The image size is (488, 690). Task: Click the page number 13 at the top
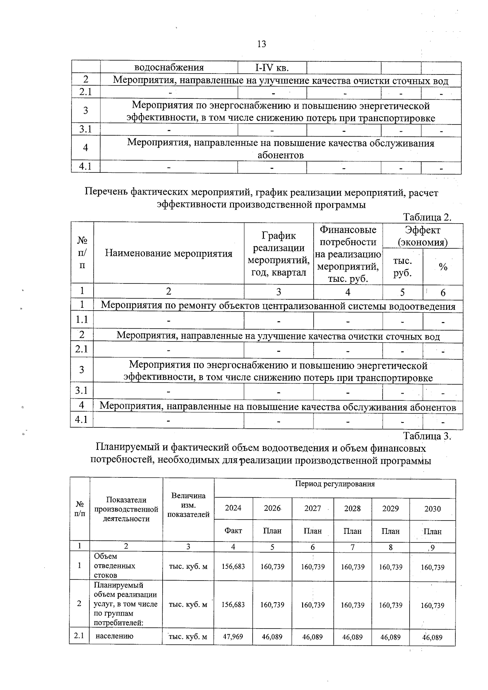(261, 44)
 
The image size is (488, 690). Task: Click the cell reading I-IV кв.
(272, 67)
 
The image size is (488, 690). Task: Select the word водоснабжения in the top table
(169, 67)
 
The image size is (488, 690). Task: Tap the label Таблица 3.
(427, 436)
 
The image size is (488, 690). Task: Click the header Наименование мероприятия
(169, 253)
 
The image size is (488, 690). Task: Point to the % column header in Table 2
(443, 267)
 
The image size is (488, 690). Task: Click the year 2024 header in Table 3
(233, 508)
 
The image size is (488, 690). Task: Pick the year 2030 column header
(432, 509)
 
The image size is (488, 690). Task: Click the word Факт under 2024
(233, 531)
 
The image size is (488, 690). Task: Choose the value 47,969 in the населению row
(233, 636)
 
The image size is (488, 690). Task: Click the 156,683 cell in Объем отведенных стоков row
(233, 566)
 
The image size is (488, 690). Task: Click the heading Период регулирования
(335, 484)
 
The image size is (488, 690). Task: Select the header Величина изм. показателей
(188, 505)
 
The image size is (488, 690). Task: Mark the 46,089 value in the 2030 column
(432, 637)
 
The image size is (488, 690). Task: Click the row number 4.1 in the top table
(85, 167)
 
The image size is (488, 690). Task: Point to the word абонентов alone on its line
(281, 155)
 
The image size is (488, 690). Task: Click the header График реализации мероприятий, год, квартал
(279, 254)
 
